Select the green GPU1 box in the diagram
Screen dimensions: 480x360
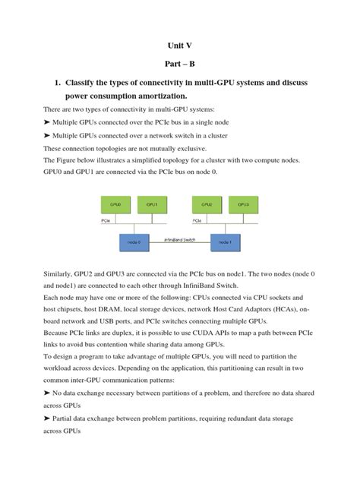pos(152,205)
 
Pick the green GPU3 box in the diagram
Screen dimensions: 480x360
pos(242,205)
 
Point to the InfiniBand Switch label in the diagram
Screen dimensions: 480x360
pos(180,238)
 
